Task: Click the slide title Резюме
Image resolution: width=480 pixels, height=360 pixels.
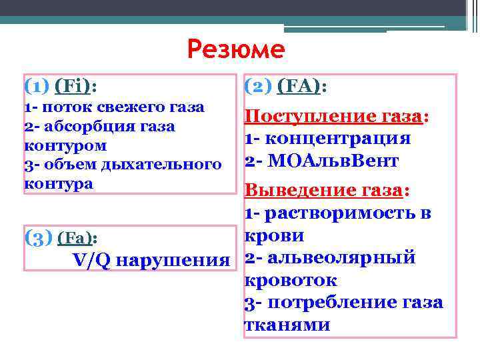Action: [236, 49]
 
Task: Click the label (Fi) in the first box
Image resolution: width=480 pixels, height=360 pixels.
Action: [75, 86]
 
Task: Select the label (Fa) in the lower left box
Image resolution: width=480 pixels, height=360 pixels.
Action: [78, 238]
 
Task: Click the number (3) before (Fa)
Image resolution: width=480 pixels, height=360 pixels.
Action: [39, 237]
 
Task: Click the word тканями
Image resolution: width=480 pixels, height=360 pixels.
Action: [287, 324]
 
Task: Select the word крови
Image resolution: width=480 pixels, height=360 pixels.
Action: [275, 235]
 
